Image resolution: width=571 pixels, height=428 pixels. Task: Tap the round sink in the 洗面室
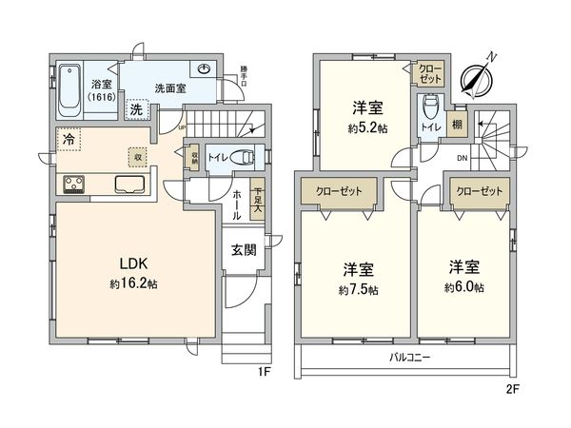click(x=207, y=68)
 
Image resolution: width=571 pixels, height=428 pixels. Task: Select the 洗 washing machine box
click(x=136, y=107)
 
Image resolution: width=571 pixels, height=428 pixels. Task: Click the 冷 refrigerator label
click(x=69, y=137)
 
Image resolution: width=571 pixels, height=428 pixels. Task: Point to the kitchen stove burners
click(x=74, y=184)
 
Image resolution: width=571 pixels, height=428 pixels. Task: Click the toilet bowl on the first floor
click(x=246, y=160)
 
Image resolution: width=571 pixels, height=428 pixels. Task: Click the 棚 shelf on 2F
click(x=458, y=123)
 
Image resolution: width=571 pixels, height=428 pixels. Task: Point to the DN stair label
click(x=462, y=158)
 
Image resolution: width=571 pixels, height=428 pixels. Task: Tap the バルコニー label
click(x=409, y=358)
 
